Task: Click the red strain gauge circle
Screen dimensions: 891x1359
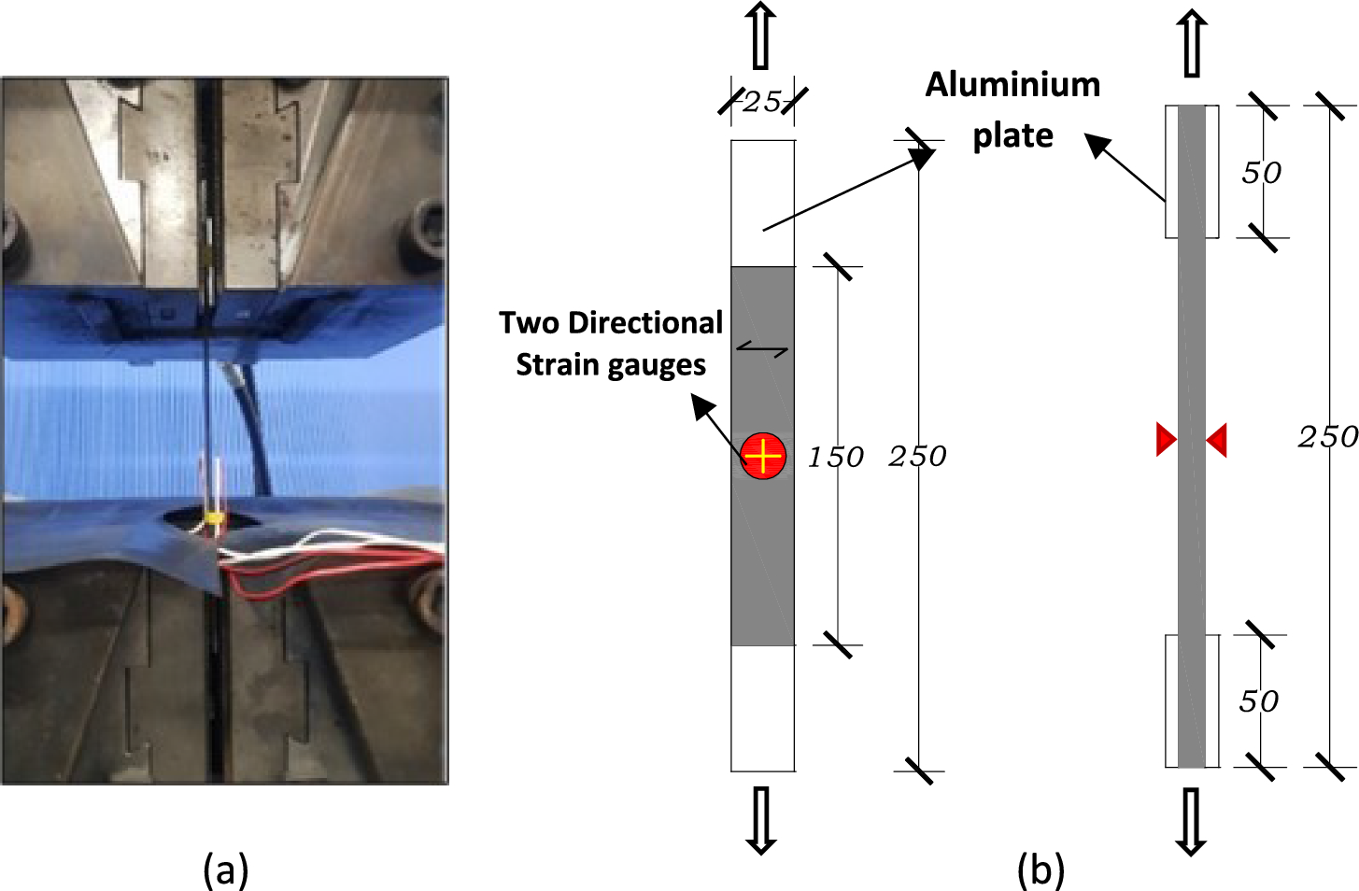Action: click(763, 456)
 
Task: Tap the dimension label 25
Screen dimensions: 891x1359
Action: click(761, 101)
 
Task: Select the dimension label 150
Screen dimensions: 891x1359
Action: click(835, 457)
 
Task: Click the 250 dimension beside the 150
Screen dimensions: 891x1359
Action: click(917, 456)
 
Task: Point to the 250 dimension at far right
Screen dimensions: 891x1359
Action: click(1327, 436)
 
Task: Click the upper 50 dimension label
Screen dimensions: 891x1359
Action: click(1261, 173)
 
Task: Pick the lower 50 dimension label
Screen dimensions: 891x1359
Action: click(1258, 700)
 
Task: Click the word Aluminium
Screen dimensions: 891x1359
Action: click(1012, 85)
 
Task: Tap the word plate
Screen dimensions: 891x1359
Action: click(1012, 136)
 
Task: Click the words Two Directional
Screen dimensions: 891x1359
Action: click(611, 323)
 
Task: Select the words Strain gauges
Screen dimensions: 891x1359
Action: click(611, 364)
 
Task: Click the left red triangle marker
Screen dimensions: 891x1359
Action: click(1166, 439)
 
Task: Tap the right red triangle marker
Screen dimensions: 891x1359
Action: click(1217, 439)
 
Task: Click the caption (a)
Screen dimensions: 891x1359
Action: click(225, 870)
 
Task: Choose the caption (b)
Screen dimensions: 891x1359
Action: click(1040, 870)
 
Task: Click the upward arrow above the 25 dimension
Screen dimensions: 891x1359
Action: click(761, 35)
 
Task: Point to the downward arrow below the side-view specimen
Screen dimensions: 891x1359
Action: click(1191, 821)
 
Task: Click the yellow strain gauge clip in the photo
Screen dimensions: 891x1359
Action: click(215, 516)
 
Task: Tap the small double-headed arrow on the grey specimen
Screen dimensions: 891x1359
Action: click(762, 350)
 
